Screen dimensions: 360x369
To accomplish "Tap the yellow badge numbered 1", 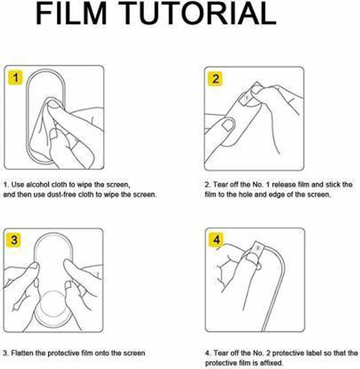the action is coord(15,77).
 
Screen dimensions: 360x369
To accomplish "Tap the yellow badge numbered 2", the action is coord(215,79).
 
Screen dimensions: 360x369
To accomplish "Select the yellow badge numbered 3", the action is coord(14,240).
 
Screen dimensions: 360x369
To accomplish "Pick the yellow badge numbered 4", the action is coord(216,240).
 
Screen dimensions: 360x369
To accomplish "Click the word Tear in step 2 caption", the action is coord(220,185).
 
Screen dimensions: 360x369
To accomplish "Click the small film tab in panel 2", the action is coord(246,97).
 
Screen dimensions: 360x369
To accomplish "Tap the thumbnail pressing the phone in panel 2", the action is coord(228,124).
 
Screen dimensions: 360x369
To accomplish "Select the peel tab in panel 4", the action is coord(258,249).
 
